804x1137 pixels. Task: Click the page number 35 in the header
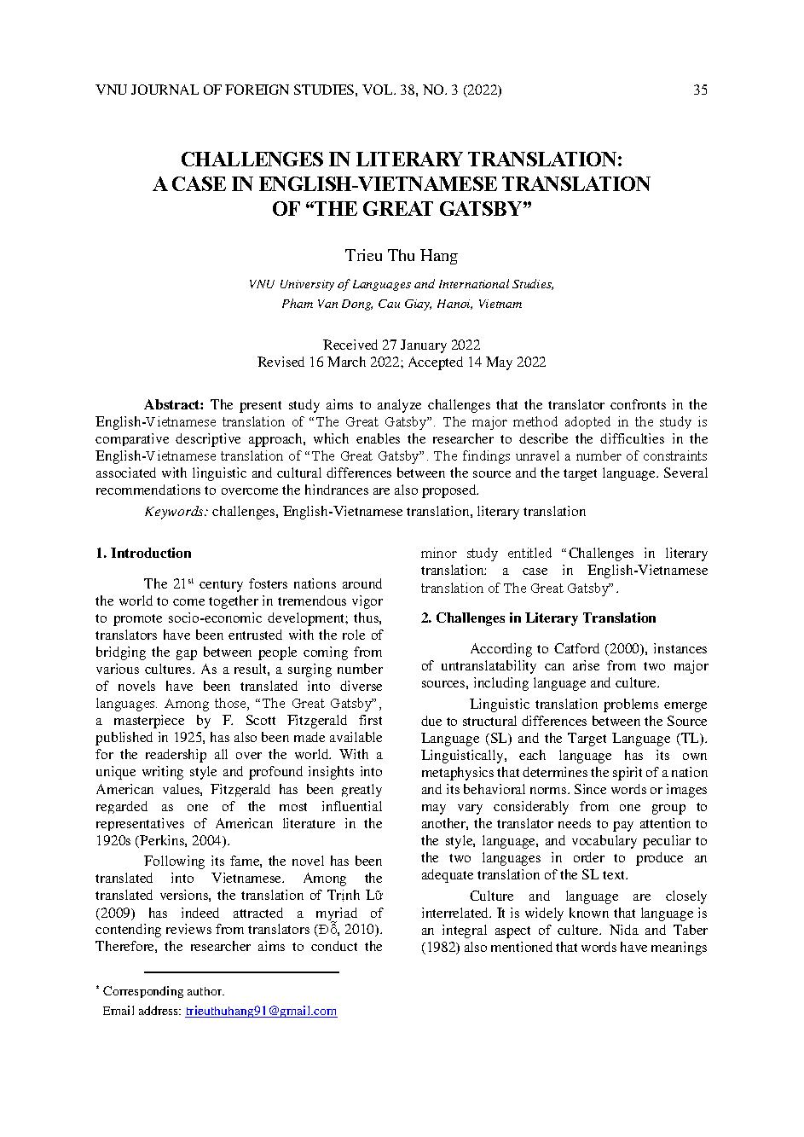coord(700,90)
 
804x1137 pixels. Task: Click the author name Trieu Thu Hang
coord(401,255)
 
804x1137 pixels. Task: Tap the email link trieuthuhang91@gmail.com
coord(261,1011)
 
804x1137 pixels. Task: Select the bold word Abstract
coord(174,404)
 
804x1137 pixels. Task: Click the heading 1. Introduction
coord(143,553)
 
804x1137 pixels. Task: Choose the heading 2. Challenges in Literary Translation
coord(538,618)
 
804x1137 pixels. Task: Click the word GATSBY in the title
coord(483,208)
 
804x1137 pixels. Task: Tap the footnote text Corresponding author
coord(165,991)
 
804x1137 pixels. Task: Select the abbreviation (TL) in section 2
coord(691,738)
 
